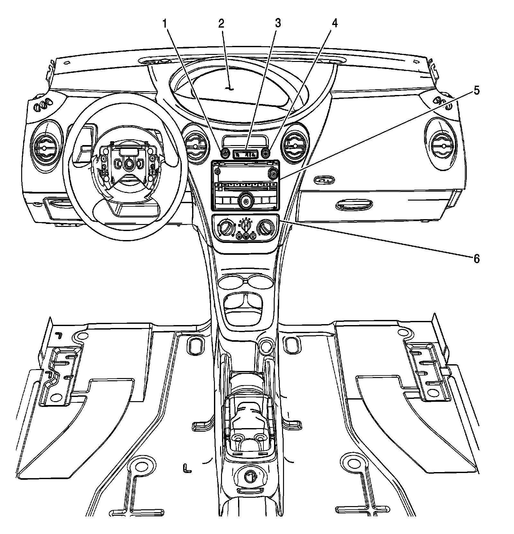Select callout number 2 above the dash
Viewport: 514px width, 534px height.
[x=221, y=23]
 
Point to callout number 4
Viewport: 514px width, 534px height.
[x=334, y=23]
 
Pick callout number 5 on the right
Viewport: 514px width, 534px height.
[x=476, y=90]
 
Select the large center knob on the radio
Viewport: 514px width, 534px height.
[x=246, y=202]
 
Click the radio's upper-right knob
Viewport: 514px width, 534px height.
[x=273, y=174]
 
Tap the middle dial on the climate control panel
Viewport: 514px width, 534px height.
[x=246, y=224]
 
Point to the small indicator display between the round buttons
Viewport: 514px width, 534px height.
[x=245, y=154]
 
